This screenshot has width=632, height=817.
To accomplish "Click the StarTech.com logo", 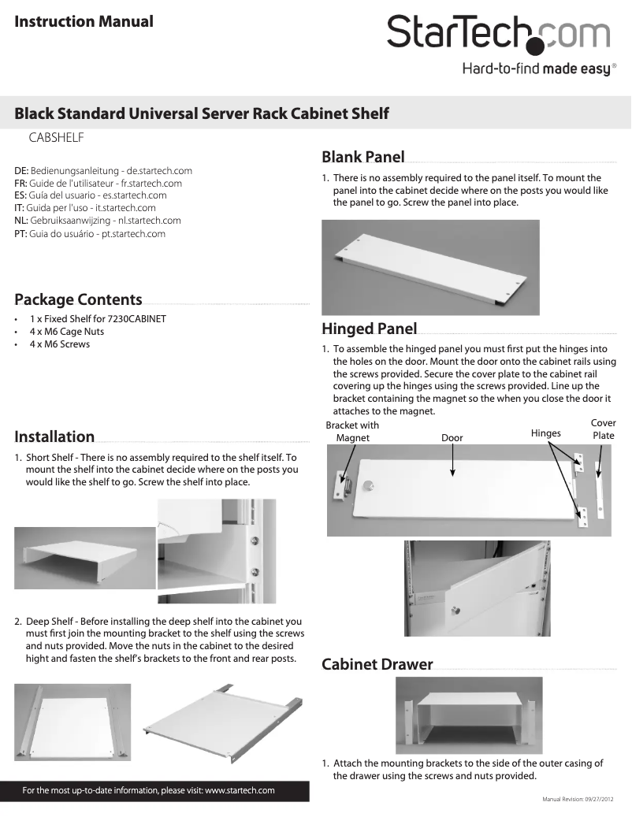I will pos(497,34).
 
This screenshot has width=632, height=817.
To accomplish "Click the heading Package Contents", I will pos(78,299).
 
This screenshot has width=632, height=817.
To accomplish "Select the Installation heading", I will pos(54,436).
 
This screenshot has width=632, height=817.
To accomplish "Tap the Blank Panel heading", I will pos(362,157).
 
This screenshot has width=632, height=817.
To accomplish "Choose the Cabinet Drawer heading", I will pos(377,664).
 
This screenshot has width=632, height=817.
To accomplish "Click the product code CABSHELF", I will pos(57,137).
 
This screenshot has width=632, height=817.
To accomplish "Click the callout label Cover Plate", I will pos(604,429).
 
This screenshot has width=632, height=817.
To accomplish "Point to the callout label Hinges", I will pos(546,433).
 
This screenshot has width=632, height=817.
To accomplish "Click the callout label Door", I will pos(452,438).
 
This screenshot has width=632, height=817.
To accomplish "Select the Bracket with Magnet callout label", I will pos(352,432).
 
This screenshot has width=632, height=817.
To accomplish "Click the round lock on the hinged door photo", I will pos(366,487).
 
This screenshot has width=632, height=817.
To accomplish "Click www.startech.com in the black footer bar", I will pos(240,790).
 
